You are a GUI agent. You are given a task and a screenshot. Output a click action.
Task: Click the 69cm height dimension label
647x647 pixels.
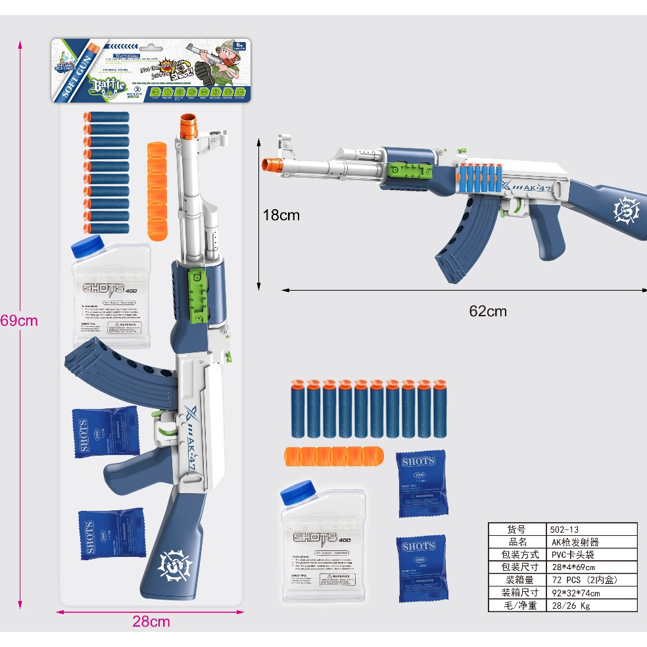point(19,322)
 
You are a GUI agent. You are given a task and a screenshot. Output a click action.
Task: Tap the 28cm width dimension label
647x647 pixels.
point(151,621)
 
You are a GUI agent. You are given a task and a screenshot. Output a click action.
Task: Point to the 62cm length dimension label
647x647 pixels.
point(488,311)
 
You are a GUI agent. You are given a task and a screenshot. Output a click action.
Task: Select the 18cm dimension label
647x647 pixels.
point(281,215)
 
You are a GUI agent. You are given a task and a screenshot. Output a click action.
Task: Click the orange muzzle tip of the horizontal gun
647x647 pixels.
point(270,164)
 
